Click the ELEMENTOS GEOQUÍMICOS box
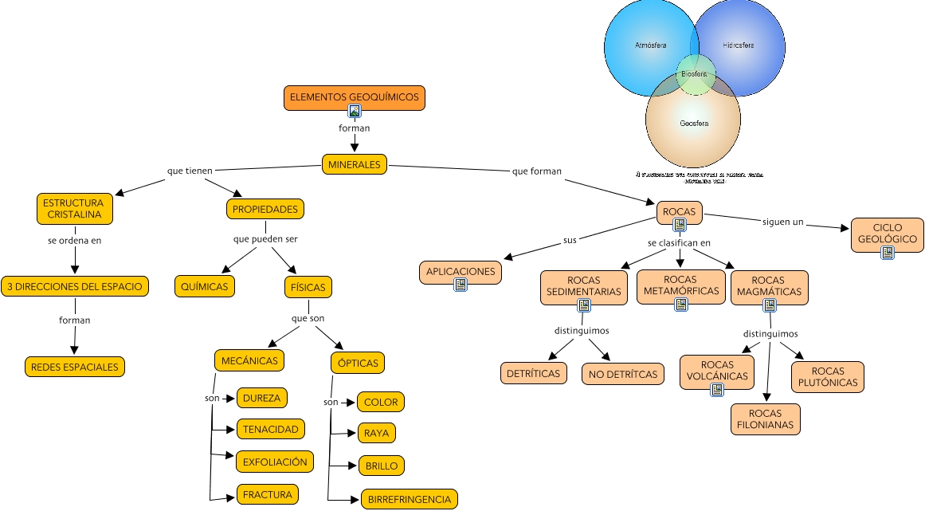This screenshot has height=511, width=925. point(354,96)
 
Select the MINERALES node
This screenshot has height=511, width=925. point(355,165)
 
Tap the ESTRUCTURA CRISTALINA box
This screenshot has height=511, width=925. point(74,209)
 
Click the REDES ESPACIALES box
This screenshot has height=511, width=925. point(74,367)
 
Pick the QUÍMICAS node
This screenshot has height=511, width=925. point(205,286)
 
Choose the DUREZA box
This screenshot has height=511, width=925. point(261,398)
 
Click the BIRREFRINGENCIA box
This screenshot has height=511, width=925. point(410,500)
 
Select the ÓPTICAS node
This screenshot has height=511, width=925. point(358,363)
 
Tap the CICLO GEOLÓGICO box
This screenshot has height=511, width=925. point(888,233)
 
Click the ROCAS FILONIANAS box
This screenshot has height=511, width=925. point(766,419)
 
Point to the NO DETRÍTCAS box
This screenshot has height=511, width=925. point(623,373)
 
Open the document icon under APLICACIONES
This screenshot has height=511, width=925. point(460,285)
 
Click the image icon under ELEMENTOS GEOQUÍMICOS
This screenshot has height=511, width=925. point(355,112)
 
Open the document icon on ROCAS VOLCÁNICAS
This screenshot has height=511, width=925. point(717,390)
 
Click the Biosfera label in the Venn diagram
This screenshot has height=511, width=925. point(694,74)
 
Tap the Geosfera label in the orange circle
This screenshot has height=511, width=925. point(694,124)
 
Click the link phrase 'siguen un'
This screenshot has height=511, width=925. point(782,222)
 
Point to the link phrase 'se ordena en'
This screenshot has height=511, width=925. point(74,239)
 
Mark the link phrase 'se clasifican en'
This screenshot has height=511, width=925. point(679,242)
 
